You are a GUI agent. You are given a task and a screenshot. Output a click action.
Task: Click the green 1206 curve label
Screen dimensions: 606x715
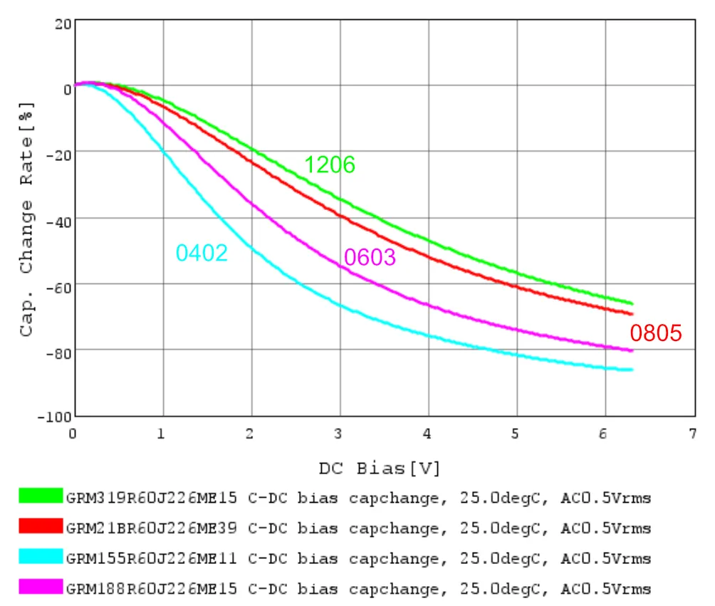point(330,165)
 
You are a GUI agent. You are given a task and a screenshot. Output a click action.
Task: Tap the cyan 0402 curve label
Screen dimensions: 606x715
point(202,253)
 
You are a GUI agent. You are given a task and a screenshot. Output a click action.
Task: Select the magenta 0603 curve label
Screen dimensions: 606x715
point(369,257)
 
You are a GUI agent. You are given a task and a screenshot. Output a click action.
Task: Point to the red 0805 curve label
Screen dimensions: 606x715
point(656,333)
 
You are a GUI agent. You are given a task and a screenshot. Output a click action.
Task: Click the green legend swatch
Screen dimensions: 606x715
point(41,496)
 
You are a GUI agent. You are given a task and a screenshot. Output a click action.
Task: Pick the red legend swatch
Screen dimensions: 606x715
point(41,527)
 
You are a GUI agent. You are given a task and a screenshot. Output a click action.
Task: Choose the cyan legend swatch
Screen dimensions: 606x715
point(41,558)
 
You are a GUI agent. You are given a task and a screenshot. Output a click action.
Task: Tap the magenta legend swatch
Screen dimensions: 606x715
point(41,588)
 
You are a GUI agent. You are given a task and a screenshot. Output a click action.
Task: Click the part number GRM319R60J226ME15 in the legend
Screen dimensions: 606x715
point(151,498)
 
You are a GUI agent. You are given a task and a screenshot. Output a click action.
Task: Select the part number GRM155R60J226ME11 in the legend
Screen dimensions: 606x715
point(151,558)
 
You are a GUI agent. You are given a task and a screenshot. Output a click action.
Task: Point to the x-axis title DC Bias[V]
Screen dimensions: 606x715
point(380,469)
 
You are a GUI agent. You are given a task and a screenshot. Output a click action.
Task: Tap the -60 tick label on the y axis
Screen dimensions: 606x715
point(57,283)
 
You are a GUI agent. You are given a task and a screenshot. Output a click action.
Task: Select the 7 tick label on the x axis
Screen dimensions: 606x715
point(692,434)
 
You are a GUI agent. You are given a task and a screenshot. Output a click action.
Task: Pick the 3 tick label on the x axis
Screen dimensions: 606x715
point(340,434)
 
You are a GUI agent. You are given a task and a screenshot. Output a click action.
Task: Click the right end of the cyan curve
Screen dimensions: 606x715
point(632,370)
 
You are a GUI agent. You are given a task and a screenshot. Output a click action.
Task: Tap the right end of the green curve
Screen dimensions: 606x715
point(632,303)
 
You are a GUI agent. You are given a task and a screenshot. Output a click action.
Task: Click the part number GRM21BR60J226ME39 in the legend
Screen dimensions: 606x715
point(151,528)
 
